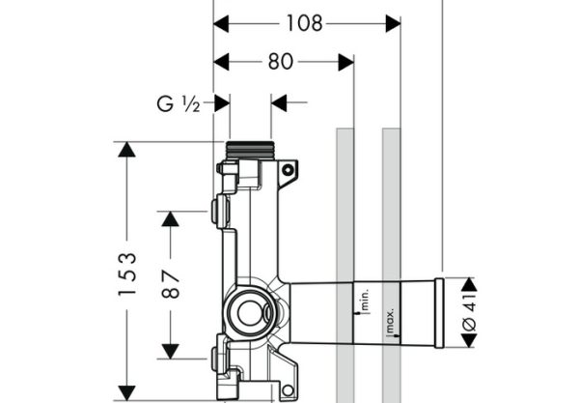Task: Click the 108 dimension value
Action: pos(304,23)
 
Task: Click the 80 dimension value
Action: pos(281,62)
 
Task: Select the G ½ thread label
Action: pos(179,104)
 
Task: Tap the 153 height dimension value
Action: pos(127,273)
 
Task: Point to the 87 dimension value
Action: pos(171,284)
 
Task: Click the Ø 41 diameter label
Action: pos(469,312)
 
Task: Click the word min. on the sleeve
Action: pos(365,300)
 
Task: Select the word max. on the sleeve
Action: pos(390,320)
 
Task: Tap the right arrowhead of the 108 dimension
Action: pos(394,23)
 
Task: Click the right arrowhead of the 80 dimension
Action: pos(346,62)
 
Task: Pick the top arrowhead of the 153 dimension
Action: pos(126,150)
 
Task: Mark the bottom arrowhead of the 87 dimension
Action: pos(170,351)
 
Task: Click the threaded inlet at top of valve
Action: pos(250,150)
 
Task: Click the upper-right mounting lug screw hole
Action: pos(288,170)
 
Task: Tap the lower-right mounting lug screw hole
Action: pos(288,390)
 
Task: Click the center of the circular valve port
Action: pos(250,313)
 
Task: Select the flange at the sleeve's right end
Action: pos(439,313)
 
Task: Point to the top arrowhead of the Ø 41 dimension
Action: pos(469,285)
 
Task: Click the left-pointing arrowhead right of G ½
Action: pos(279,102)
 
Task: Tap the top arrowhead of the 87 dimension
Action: pos(170,219)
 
